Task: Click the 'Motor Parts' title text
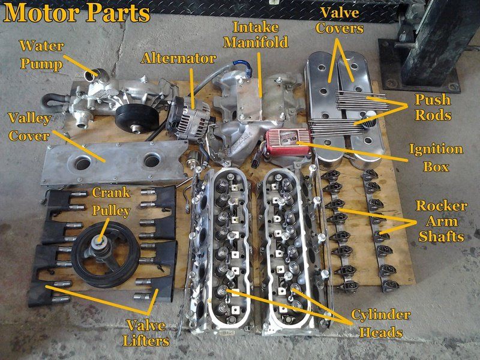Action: (x=77, y=13)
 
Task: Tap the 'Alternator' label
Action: (x=178, y=58)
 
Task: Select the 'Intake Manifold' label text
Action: (x=256, y=35)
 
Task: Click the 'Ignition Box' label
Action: (x=436, y=158)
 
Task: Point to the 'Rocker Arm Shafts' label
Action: (x=442, y=221)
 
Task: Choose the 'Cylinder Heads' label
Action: (x=381, y=323)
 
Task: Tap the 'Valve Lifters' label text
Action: (x=146, y=333)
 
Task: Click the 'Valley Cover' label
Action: (x=29, y=127)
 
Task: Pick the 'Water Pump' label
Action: (x=41, y=55)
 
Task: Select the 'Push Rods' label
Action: (x=433, y=107)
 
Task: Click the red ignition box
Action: (x=288, y=141)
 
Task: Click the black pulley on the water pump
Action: (x=137, y=118)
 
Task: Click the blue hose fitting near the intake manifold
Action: (x=244, y=67)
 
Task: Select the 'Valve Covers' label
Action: (x=340, y=20)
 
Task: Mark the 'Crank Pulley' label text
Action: (x=111, y=202)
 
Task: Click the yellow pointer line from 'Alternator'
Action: (x=192, y=88)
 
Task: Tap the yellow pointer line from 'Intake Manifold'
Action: (x=260, y=74)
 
